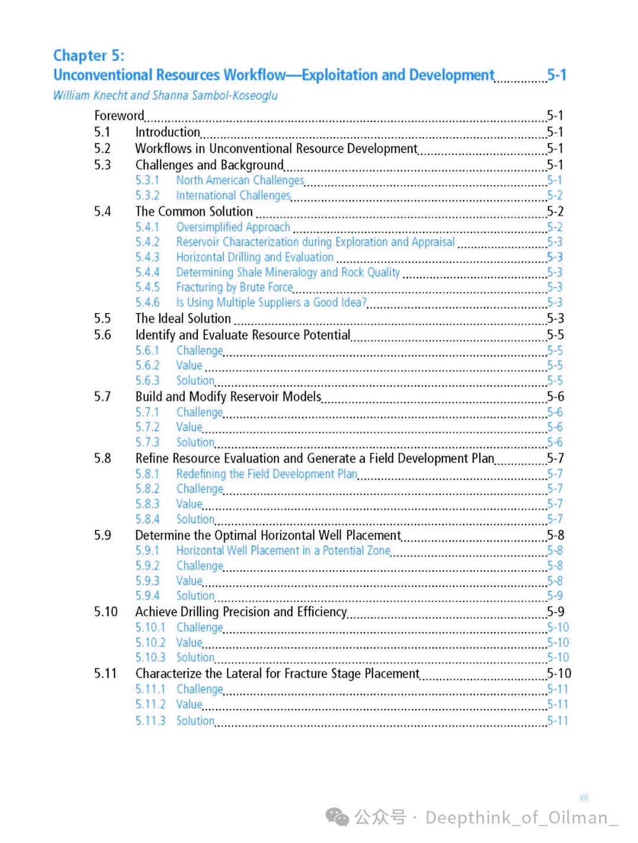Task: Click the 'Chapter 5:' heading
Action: pos(89,56)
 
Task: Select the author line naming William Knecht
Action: pos(165,95)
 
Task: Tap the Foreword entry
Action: pos(119,116)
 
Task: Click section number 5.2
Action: pos(102,148)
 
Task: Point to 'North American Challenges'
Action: pos(240,180)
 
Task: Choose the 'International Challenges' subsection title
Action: pos(233,196)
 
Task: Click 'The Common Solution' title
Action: pos(194,211)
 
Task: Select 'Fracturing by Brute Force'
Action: pos(235,287)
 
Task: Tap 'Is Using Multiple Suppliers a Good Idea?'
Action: pos(271,302)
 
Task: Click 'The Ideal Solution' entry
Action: pos(183,318)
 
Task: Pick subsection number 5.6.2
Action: pos(147,366)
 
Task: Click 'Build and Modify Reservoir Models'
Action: pos(228,396)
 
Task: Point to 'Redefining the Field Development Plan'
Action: pos(266,474)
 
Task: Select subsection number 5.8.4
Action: pos(147,519)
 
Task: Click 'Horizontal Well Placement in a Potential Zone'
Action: pos(283,551)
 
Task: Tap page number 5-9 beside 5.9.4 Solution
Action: pos(555,595)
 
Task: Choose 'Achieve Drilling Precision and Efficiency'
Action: pos(240,611)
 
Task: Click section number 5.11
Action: pos(105,673)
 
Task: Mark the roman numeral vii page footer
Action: pos(584,798)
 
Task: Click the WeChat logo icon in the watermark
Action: pos(337,817)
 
